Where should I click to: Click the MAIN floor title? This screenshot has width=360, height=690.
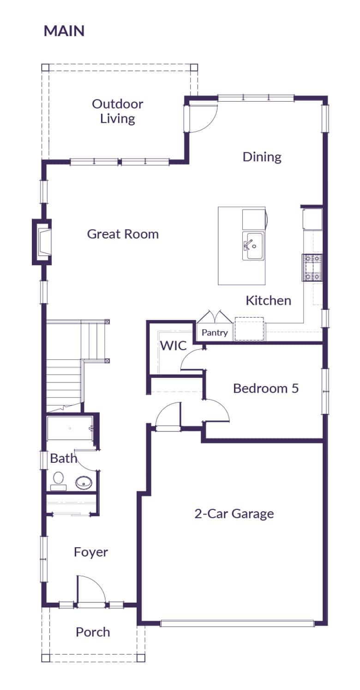64,31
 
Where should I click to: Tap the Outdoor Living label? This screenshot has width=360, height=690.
118,111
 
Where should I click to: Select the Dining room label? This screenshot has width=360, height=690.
262,157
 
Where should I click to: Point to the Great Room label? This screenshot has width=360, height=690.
123,234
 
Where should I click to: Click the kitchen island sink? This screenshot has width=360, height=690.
253,246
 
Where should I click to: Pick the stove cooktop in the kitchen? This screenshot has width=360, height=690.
312,268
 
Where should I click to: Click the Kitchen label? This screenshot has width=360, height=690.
268,301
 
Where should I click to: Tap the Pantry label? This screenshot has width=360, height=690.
215,333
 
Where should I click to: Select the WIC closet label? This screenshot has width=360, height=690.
173,345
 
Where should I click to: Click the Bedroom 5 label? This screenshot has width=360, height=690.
265,388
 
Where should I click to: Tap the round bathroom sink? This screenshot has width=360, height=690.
84,482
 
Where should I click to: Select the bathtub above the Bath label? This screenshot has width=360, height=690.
70,428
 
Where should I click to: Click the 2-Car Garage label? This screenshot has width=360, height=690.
234,514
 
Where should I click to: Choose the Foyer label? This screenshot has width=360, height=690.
91,552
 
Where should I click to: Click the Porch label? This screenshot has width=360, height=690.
93,632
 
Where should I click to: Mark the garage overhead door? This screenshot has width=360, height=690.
237,623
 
